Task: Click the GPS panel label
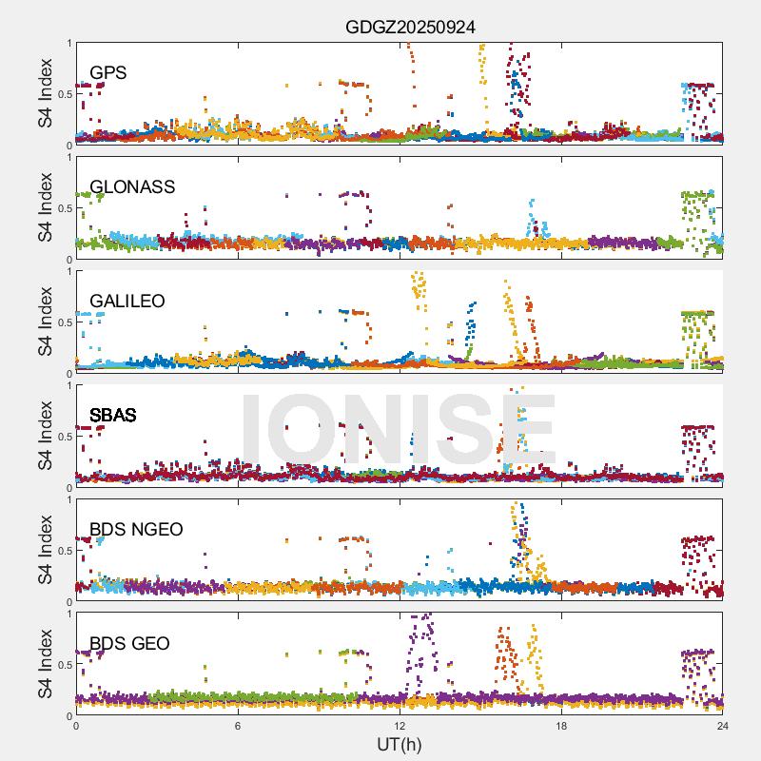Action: (108, 73)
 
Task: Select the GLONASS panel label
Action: (132, 187)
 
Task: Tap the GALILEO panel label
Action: (127, 302)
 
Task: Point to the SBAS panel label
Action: (113, 416)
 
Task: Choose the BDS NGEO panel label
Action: (136, 530)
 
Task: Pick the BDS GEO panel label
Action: (129, 644)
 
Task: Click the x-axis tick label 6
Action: (238, 727)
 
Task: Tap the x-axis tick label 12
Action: (400, 727)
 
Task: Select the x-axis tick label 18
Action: (561, 727)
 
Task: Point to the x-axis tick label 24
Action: (723, 727)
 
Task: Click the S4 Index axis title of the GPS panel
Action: (46, 93)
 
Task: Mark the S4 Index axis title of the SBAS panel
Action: (46, 436)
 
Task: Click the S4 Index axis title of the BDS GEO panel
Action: (46, 664)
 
